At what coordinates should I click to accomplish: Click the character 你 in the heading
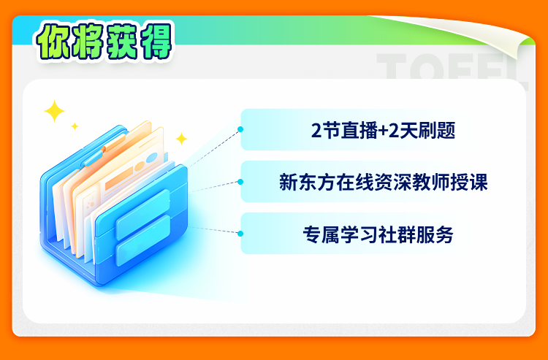(x=53, y=41)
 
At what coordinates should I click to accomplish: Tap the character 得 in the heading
(x=154, y=41)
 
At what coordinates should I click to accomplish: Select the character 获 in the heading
(x=121, y=41)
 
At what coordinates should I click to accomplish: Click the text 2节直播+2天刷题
(x=383, y=131)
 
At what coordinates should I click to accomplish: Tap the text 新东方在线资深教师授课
(x=383, y=182)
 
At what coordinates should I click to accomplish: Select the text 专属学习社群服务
(x=378, y=234)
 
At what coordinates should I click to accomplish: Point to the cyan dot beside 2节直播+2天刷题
(x=240, y=129)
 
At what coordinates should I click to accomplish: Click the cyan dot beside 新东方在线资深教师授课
(x=240, y=182)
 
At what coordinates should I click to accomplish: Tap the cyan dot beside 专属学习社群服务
(x=240, y=234)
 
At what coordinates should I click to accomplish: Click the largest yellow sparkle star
(x=54, y=111)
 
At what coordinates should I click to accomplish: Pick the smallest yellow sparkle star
(x=75, y=126)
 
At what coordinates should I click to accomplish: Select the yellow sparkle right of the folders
(x=181, y=139)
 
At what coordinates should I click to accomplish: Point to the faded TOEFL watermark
(x=452, y=68)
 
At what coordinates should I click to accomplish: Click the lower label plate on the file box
(x=143, y=240)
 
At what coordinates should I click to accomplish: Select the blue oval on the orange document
(x=152, y=158)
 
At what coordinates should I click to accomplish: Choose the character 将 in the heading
(x=88, y=41)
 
